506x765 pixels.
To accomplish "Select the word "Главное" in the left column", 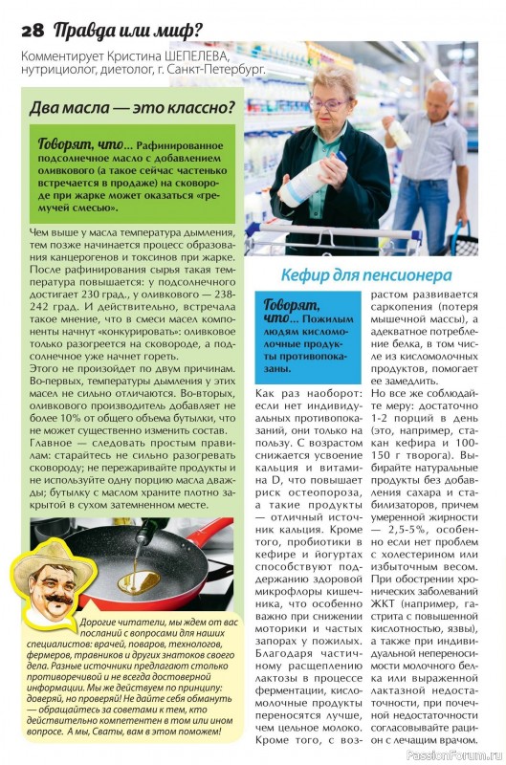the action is coord(51,443).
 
